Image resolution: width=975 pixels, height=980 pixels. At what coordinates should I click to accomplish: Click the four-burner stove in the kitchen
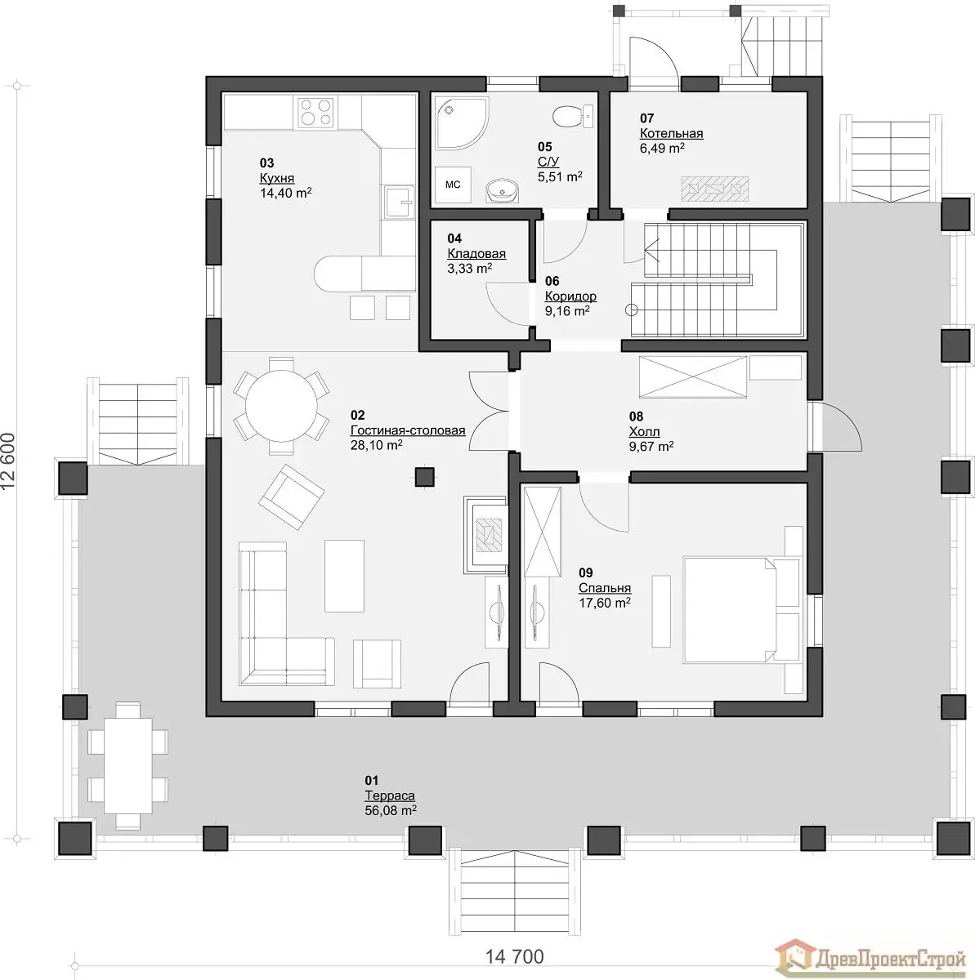pyautogui.click(x=316, y=113)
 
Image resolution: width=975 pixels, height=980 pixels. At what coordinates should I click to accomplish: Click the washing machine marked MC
pyautogui.click(x=453, y=185)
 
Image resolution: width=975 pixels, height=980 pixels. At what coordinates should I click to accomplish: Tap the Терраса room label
pyautogui.click(x=390, y=795)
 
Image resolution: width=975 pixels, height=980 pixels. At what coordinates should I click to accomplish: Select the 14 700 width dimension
pyautogui.click(x=514, y=957)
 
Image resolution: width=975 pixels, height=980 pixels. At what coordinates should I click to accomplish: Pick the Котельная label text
pyautogui.click(x=672, y=133)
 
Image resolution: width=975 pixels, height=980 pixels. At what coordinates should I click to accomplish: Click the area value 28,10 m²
pyautogui.click(x=376, y=445)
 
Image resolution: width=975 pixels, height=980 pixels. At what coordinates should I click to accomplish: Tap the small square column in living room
pyautogui.click(x=425, y=477)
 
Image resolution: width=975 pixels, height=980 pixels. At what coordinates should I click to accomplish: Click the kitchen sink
pyautogui.click(x=399, y=202)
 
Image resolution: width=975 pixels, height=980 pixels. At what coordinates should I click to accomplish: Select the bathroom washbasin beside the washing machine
pyautogui.click(x=503, y=190)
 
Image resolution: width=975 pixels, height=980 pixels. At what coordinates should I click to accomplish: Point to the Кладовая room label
pyautogui.click(x=476, y=253)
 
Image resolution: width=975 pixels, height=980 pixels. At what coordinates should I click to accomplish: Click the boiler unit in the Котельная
pyautogui.click(x=715, y=188)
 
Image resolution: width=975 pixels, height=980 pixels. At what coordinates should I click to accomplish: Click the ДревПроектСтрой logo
pyautogui.click(x=870, y=958)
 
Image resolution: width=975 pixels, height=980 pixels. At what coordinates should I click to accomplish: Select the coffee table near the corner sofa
pyautogui.click(x=345, y=576)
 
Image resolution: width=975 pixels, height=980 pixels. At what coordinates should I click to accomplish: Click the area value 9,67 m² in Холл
pyautogui.click(x=651, y=447)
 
